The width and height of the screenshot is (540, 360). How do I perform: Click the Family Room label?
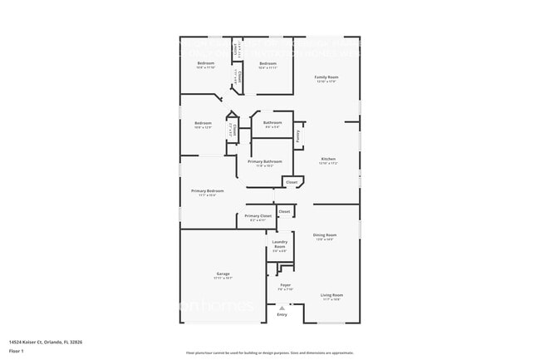326,76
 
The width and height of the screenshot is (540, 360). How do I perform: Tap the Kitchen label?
327,159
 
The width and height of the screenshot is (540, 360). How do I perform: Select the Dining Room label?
325,235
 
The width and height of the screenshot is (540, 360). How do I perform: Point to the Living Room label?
332,295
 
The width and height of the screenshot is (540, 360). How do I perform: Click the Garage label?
223,274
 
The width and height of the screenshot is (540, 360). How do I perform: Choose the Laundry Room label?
280,244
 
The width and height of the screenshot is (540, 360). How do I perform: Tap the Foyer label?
285,285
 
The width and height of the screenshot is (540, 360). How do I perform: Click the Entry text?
282,314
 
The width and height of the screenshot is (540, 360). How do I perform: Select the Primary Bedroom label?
208,191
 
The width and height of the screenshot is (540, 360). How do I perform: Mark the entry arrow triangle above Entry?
282,308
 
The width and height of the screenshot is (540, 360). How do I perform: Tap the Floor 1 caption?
16,351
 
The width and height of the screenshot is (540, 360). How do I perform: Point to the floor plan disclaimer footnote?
269,353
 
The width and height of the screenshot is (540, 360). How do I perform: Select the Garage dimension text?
223,278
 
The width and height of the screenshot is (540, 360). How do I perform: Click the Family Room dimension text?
326,81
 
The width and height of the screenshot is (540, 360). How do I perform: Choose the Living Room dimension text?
332,299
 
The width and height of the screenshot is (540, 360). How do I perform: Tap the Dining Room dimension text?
325,239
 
